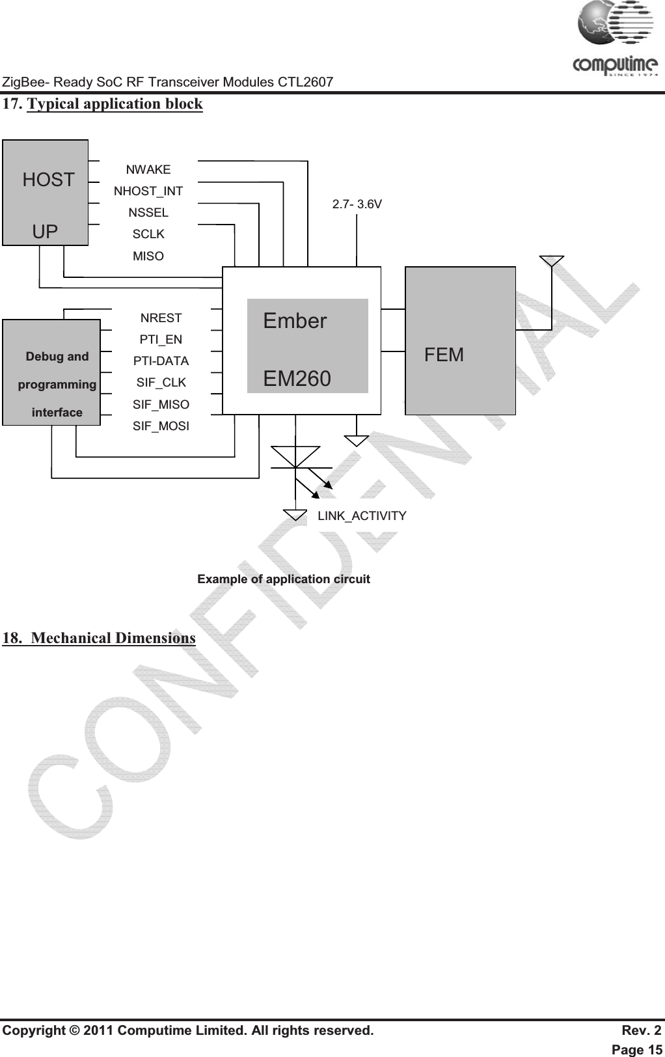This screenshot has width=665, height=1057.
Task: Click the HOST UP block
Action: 46,193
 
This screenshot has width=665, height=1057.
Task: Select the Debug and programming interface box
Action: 51,372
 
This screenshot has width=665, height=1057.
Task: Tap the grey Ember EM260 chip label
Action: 307,346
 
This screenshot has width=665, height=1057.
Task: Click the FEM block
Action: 460,340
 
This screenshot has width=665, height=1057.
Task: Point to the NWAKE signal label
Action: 148,170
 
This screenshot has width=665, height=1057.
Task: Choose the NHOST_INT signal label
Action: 148,191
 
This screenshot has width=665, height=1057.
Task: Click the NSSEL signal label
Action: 148,213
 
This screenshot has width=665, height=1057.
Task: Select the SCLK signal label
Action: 148,234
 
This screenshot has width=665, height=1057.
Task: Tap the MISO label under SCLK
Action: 148,256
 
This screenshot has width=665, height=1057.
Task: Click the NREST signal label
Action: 161,318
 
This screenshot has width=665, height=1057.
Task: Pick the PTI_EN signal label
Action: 161,340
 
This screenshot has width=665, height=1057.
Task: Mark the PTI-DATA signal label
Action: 161,361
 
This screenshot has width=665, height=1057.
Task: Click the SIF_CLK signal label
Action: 161,383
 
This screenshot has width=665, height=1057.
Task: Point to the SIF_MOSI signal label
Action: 161,426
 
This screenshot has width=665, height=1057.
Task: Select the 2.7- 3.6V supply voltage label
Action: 357,204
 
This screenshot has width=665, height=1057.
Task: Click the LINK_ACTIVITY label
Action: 362,516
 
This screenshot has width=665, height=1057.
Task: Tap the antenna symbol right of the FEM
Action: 552,261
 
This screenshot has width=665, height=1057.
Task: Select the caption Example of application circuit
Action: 284,579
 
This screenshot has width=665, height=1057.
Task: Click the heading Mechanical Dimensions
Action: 113,638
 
